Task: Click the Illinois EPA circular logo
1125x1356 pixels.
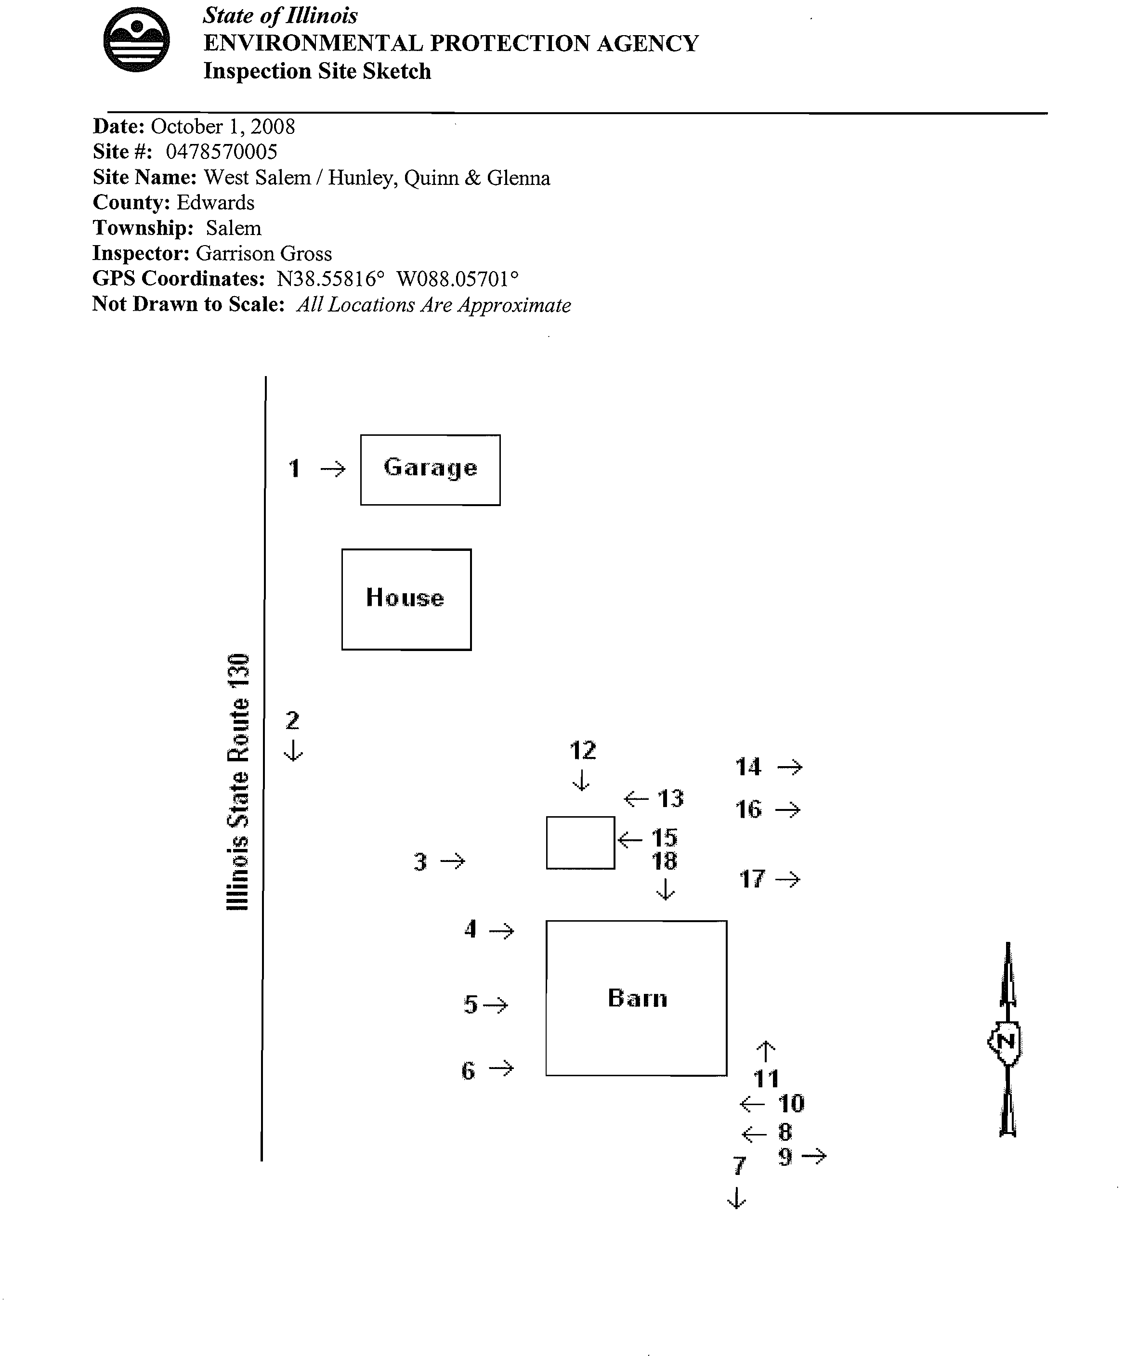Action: (x=136, y=39)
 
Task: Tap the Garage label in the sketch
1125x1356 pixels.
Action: (x=430, y=468)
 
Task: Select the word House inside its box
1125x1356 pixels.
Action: (x=405, y=598)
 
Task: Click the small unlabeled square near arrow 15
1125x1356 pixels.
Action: (x=580, y=843)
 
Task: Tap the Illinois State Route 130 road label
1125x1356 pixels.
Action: (x=237, y=782)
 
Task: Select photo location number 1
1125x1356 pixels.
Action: (x=294, y=468)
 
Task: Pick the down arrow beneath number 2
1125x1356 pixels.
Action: (x=293, y=750)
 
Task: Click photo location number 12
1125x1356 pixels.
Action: (x=583, y=750)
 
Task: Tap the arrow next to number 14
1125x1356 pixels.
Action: (x=789, y=767)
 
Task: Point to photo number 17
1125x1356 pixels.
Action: (x=752, y=879)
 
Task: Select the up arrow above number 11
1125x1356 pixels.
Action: (x=765, y=1051)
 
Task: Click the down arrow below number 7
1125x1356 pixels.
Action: (x=736, y=1199)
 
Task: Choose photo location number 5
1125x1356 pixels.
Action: (x=470, y=1005)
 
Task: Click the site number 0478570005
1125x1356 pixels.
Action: (x=222, y=152)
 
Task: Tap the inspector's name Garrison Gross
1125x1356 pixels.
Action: (x=263, y=253)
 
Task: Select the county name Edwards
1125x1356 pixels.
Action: (x=216, y=203)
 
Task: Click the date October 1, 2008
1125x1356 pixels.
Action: (x=223, y=127)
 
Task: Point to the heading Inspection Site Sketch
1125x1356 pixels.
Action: (x=317, y=71)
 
